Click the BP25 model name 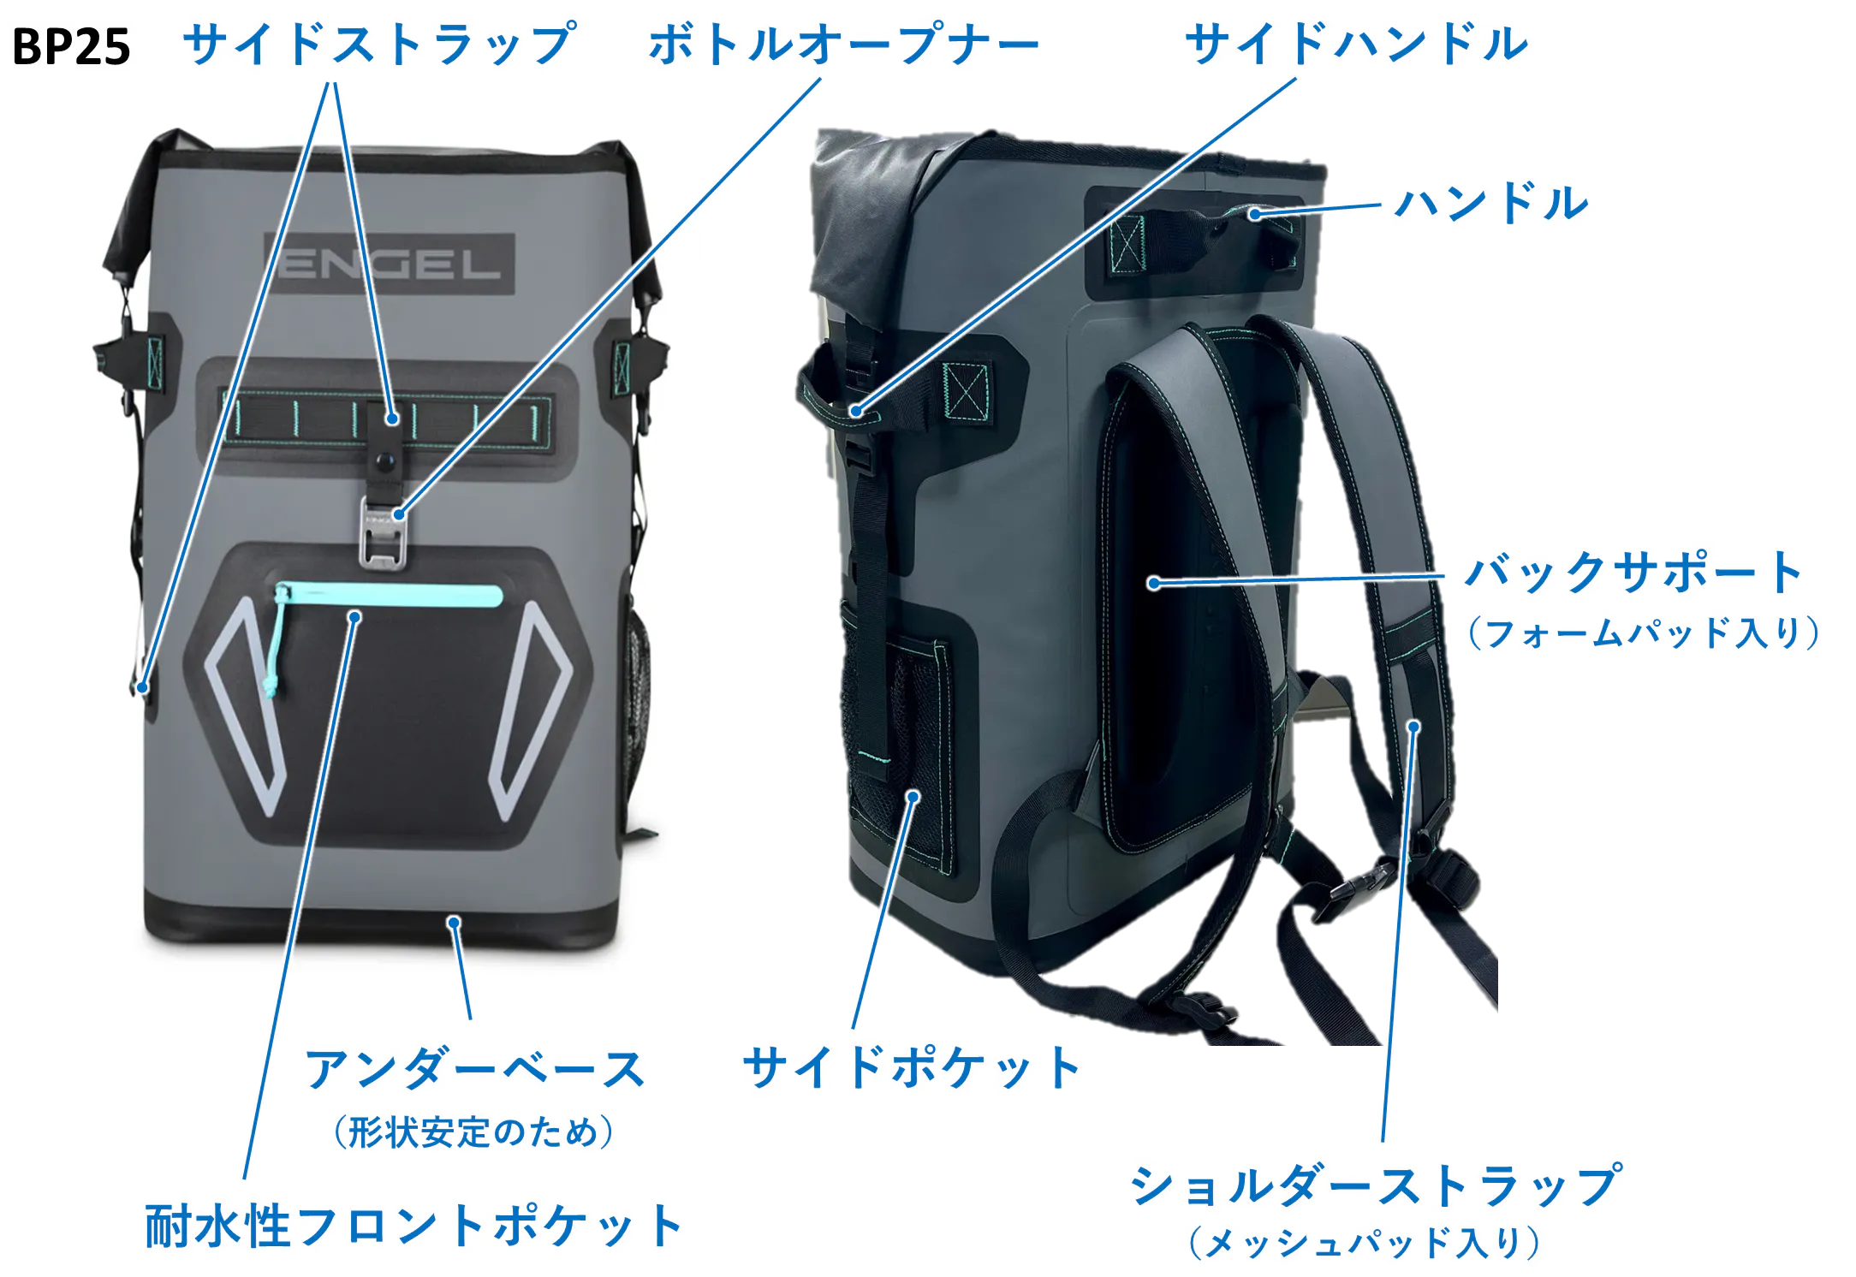point(71,46)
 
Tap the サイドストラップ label point(380,44)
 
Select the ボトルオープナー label point(844,44)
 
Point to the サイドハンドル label point(1356,44)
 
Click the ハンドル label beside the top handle point(1491,203)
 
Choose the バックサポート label point(1633,573)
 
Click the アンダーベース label point(474,1070)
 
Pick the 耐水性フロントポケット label point(413,1226)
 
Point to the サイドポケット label point(911,1067)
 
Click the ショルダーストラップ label point(1376,1185)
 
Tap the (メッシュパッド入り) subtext point(1365,1243)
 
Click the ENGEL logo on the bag point(390,264)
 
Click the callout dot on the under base point(455,922)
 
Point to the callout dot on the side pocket point(913,797)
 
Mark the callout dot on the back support point(1154,583)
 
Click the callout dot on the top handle point(1254,214)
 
